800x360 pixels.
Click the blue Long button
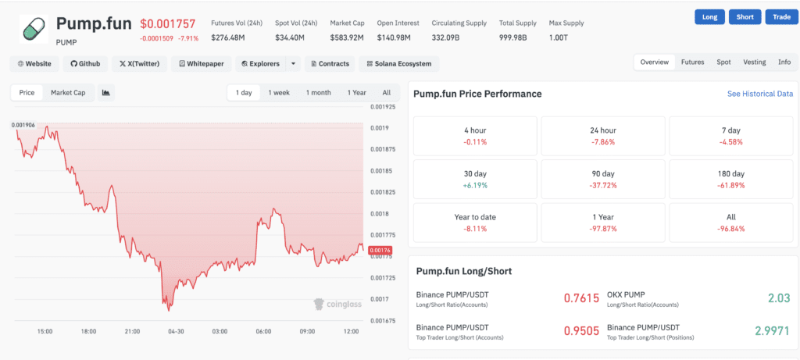point(709,17)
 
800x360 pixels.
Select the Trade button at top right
point(781,17)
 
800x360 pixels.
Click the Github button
point(85,63)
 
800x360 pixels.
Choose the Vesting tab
point(755,62)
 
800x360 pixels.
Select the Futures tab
point(692,62)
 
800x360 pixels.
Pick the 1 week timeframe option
point(279,93)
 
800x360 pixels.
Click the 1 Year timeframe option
point(356,93)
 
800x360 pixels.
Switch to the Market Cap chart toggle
point(68,93)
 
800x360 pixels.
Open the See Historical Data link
point(759,94)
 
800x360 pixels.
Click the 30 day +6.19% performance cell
point(474,179)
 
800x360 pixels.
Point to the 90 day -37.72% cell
point(602,179)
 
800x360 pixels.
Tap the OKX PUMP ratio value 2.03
point(778,298)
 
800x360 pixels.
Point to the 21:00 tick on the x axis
point(132,332)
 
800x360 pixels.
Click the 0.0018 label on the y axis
point(379,213)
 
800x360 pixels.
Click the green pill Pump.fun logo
point(33,29)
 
